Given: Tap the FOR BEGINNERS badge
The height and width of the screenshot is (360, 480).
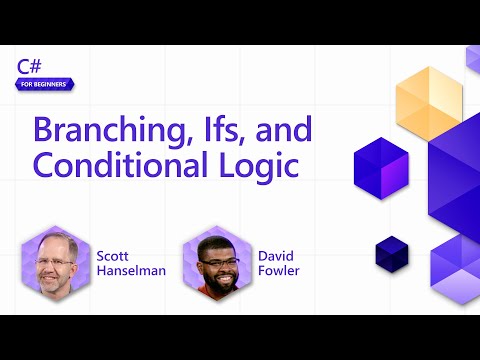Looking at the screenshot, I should pos(43,85).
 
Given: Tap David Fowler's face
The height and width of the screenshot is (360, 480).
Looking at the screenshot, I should pos(219,264).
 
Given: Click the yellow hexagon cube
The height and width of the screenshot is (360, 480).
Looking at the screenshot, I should pos(428,104).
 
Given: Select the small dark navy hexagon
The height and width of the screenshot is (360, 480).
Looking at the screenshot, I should pos(393,254).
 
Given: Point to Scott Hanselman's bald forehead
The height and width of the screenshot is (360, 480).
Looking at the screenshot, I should pos(56,243).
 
